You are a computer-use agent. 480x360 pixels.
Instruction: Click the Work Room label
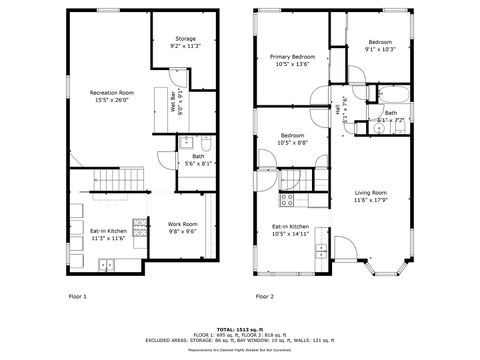point(182,227)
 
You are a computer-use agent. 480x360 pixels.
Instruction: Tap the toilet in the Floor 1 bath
point(204,142)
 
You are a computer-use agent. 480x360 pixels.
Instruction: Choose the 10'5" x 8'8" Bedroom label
point(292,138)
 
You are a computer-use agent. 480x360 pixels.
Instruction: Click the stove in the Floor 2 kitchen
point(287,198)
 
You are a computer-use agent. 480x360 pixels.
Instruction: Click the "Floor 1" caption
point(77,296)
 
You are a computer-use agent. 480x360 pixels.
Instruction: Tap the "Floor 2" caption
point(264,296)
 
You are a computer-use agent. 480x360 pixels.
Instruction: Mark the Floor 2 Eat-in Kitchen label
point(291,230)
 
